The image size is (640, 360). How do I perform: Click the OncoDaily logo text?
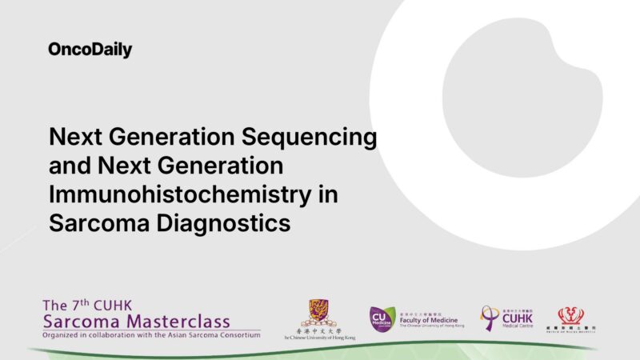tap(90, 50)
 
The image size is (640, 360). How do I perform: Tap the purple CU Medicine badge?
tap(382, 318)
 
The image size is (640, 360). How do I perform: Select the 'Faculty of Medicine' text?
tap(429, 320)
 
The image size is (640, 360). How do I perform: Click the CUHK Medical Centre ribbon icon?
tap(489, 318)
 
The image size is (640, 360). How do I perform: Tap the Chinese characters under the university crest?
tap(318, 331)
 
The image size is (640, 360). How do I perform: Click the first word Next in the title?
tap(76, 138)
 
